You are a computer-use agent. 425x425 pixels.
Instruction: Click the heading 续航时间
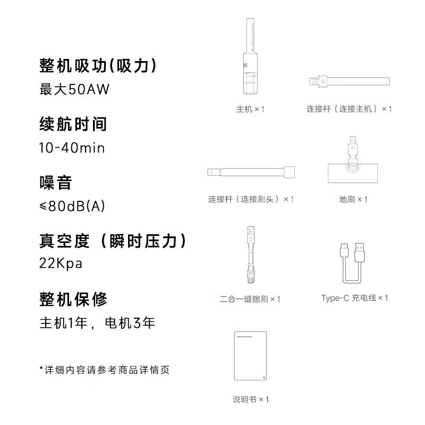(x=73, y=124)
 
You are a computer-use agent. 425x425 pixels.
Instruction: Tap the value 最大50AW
(x=74, y=89)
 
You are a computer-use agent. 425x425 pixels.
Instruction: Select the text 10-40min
(x=72, y=148)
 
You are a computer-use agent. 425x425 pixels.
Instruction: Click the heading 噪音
(x=56, y=182)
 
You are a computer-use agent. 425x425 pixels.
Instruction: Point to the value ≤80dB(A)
(x=72, y=206)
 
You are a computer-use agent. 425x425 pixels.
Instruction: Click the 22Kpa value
(x=61, y=263)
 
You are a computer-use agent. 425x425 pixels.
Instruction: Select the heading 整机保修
(x=73, y=299)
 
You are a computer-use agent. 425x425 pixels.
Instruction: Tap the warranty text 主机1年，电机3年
(x=97, y=323)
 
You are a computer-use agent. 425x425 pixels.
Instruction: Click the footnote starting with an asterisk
(x=104, y=370)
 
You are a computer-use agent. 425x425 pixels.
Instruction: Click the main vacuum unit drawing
(x=250, y=56)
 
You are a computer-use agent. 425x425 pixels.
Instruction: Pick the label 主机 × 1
(x=250, y=109)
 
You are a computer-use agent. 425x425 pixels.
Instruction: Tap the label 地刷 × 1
(x=353, y=200)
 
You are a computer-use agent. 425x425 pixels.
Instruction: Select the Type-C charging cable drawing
(x=352, y=263)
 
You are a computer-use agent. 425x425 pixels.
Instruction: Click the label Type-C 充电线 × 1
(x=354, y=298)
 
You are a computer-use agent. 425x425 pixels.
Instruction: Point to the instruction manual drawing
(x=250, y=356)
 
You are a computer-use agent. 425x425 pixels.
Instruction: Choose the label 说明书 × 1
(x=250, y=399)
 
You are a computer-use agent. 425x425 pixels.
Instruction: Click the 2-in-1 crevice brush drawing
(x=251, y=255)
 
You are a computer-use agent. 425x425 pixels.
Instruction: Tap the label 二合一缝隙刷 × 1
(x=250, y=299)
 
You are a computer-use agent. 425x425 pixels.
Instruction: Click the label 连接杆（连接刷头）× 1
(x=251, y=200)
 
